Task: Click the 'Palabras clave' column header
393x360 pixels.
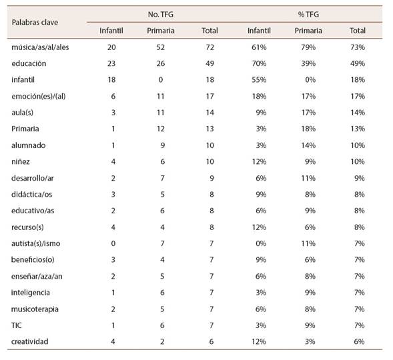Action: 35,22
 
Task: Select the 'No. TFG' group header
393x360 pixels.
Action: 160,14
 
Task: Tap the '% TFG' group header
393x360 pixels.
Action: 308,14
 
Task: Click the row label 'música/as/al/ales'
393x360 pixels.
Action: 40,47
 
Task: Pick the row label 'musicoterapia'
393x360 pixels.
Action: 35,309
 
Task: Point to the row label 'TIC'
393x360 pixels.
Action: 17,325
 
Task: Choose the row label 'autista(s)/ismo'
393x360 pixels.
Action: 35,243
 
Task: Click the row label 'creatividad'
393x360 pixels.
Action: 29,341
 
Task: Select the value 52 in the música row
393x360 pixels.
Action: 160,47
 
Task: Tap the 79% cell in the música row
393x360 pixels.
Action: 308,47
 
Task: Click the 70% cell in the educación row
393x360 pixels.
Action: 259,63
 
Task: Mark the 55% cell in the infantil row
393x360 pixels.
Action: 259,79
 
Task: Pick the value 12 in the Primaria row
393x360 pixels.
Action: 160,129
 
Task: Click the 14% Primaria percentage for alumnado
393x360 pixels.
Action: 308,145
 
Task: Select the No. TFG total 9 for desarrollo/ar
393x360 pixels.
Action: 212,178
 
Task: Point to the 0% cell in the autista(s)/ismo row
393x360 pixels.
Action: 261,243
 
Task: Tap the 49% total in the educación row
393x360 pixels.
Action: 358,63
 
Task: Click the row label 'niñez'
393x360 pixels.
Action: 21,161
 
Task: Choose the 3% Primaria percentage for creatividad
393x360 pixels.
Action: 310,341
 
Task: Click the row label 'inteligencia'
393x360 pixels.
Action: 30,293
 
